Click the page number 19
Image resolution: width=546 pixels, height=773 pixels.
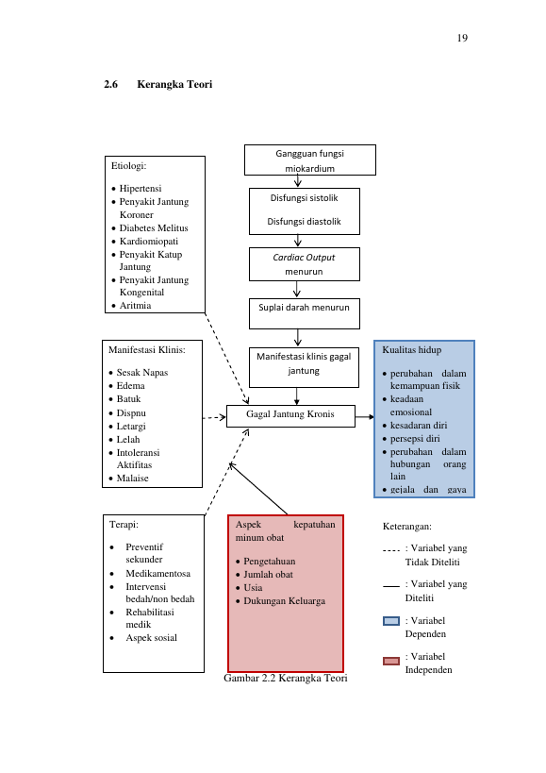pyautogui.click(x=462, y=38)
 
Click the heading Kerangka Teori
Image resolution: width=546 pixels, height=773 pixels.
pyautogui.click(x=174, y=84)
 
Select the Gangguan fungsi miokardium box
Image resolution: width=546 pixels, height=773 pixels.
pyautogui.click(x=310, y=160)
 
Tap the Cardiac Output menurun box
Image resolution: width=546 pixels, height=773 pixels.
pyautogui.click(x=305, y=264)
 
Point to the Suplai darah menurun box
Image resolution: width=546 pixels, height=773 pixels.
pyautogui.click(x=305, y=313)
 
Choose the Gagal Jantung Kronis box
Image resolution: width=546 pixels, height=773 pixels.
pyautogui.click(x=290, y=416)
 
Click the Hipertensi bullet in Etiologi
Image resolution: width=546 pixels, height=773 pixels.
pyautogui.click(x=141, y=189)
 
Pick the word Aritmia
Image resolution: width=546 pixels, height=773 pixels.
pyautogui.click(x=136, y=306)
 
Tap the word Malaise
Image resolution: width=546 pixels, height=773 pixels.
pyautogui.click(x=132, y=479)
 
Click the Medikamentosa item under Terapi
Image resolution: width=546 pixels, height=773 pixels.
pyautogui.click(x=158, y=573)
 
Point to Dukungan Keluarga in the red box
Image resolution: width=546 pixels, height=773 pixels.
pyautogui.click(x=284, y=601)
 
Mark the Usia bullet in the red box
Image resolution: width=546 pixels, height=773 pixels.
pyautogui.click(x=253, y=588)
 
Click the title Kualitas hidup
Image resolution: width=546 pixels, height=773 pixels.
pyautogui.click(x=411, y=350)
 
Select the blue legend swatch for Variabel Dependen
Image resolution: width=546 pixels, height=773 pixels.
pyautogui.click(x=391, y=621)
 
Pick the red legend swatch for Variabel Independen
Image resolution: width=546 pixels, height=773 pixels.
pyautogui.click(x=391, y=661)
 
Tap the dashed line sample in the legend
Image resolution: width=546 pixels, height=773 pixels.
pyautogui.click(x=391, y=550)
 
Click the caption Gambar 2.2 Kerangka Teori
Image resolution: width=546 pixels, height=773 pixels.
pyautogui.click(x=286, y=679)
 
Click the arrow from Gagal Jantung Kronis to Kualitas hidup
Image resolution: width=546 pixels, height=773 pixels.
pyautogui.click(x=364, y=417)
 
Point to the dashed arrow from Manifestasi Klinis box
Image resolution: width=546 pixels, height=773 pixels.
pyautogui.click(x=214, y=417)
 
